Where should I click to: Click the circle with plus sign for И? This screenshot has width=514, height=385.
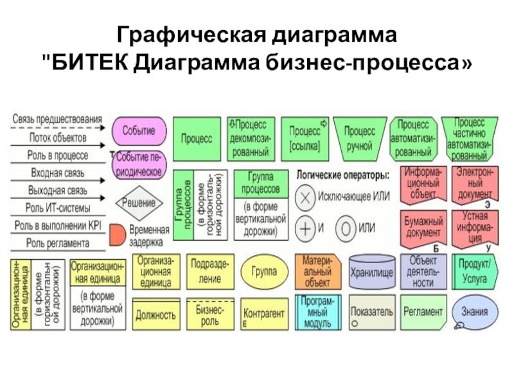pos(306,228)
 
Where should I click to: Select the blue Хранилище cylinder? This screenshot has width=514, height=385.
pos(372,272)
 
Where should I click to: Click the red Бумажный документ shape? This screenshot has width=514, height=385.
pos(422,226)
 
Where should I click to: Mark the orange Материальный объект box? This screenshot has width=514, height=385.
pos(317,271)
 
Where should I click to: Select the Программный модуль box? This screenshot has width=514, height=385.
pos(317,312)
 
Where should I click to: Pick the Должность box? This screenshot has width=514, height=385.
pos(156,314)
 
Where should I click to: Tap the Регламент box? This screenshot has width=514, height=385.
pos(423,312)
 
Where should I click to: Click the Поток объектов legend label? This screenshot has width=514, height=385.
pos(58,137)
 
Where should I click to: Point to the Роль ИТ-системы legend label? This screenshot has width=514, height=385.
pos(58,209)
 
